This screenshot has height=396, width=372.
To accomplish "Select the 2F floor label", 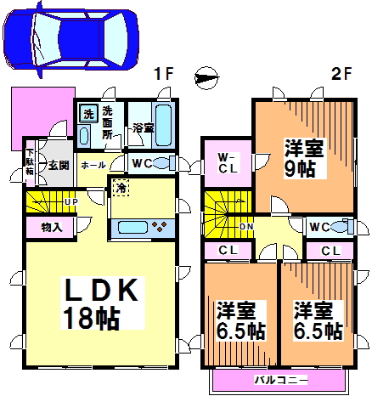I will point(341,74).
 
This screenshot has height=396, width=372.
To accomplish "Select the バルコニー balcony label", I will point(279,379).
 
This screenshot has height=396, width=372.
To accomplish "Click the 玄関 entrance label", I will point(58,165).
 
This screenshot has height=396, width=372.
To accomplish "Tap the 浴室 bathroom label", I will point(142,128).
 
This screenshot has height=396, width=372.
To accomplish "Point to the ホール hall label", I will point(93,166).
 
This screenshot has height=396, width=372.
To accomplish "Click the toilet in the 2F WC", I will point(342,227).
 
